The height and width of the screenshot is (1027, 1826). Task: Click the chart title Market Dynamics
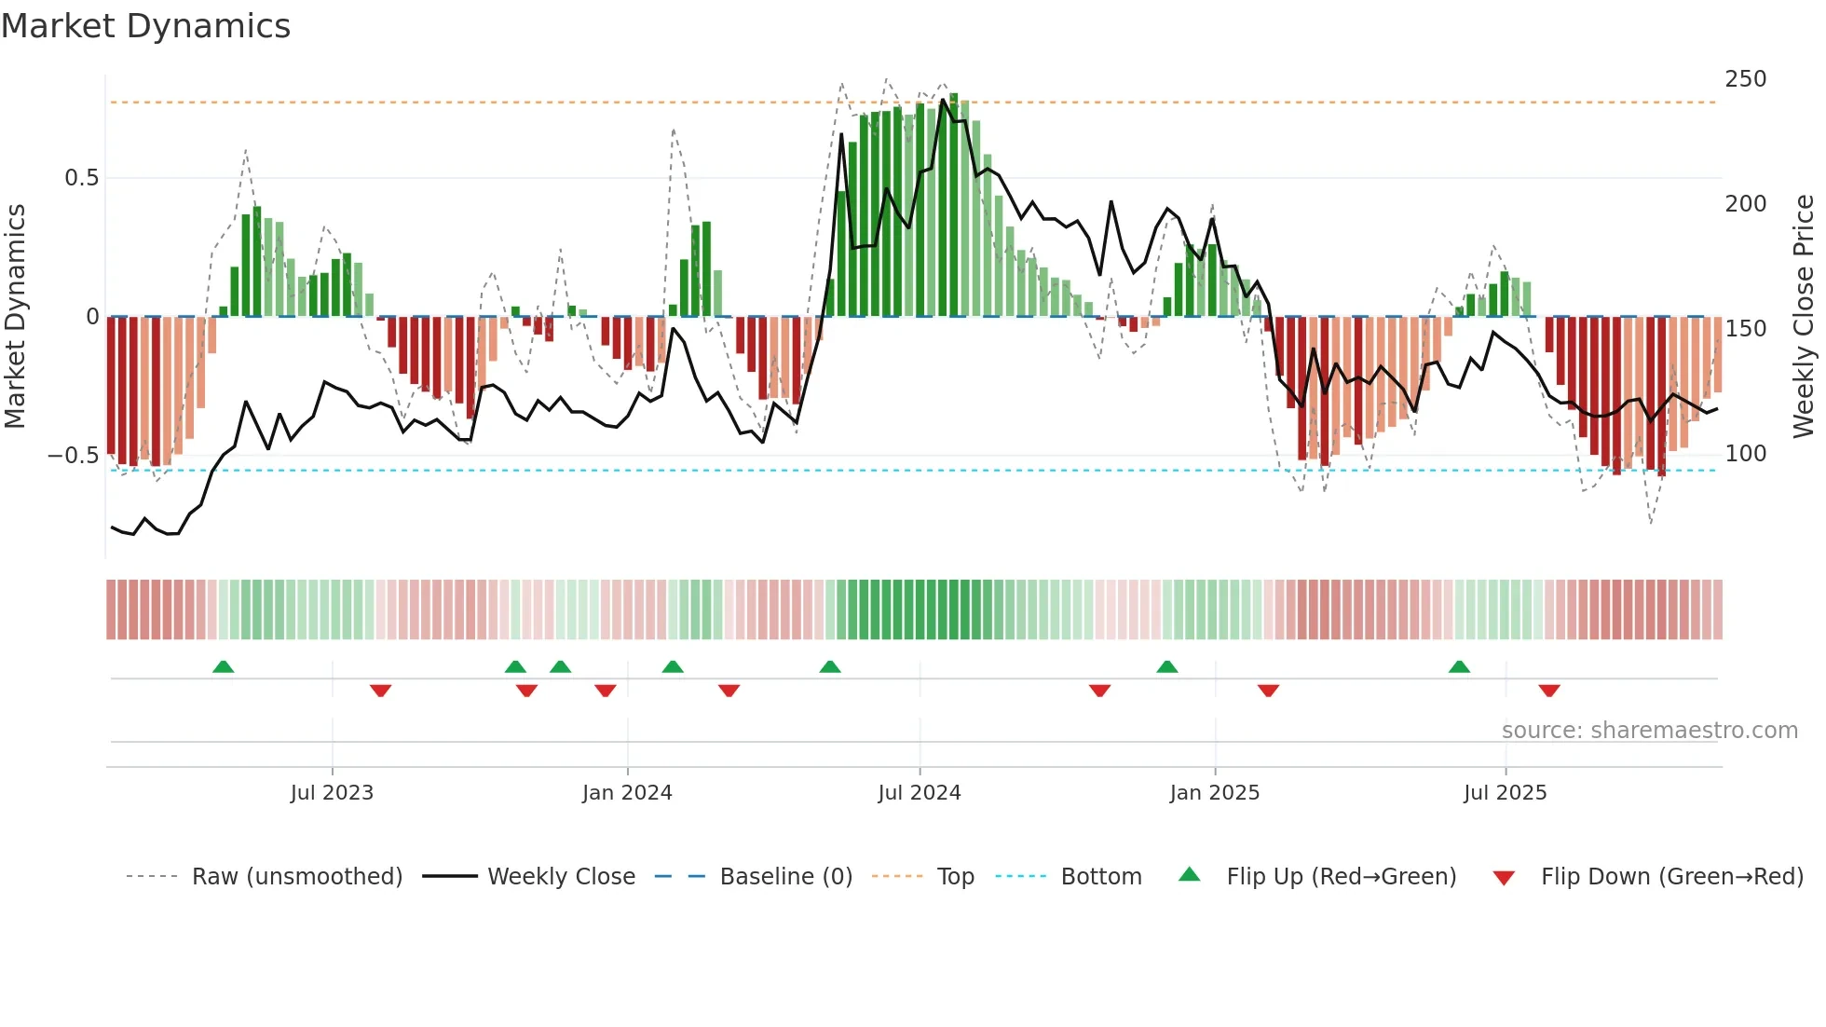146,26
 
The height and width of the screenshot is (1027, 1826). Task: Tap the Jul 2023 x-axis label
332,792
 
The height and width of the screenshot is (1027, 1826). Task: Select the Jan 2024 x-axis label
627,792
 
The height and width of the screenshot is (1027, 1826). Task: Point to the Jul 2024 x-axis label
920,792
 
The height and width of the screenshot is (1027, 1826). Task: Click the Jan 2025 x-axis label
1215,792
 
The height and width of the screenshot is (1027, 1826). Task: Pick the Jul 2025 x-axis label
1506,792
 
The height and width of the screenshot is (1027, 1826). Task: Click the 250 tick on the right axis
1745,79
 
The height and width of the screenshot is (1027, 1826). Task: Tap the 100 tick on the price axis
1745,454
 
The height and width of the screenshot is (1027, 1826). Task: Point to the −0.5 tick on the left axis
73,456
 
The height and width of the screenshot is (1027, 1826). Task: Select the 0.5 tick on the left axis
81,178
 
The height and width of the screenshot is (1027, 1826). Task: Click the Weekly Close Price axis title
1804,317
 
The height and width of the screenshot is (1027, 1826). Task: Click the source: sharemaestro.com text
1649,731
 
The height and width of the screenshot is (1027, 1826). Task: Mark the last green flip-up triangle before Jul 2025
1459,666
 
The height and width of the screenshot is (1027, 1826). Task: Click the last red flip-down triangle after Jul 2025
1549,691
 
